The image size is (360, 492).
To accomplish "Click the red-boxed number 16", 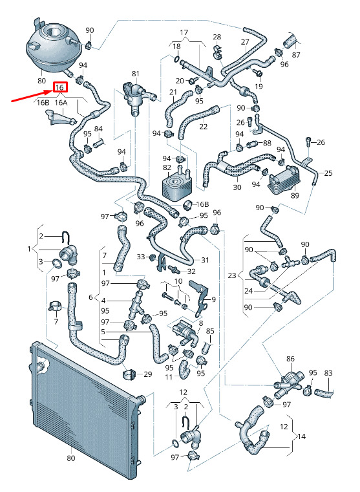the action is click(60, 87).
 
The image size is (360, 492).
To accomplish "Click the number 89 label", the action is click(295, 195).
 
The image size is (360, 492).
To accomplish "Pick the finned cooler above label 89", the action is click(284, 180).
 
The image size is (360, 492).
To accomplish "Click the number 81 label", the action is click(136, 74).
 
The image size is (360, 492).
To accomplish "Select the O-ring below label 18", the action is click(176, 58).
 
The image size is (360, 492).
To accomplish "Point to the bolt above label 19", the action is click(258, 74).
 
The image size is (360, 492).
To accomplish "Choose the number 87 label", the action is click(296, 54).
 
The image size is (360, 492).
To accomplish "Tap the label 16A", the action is click(61, 103).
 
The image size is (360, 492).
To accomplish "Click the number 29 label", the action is click(148, 374).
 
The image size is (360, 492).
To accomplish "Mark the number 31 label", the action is click(205, 260).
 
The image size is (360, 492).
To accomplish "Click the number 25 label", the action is click(328, 173).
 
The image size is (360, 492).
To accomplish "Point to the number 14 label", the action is click(301, 436).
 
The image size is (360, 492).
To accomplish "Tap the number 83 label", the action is click(328, 373).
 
